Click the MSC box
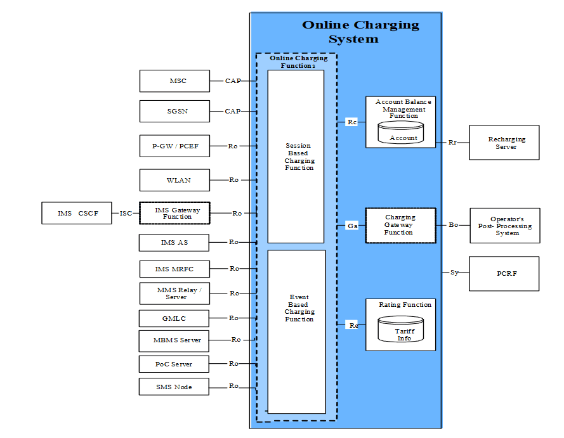174,81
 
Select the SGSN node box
174,112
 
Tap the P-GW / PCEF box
174,146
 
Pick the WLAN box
174,180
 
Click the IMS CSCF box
76,214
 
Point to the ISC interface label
126,214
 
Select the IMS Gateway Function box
174,213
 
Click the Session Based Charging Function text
299,157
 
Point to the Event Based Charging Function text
299,308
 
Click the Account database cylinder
400,133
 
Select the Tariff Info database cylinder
400,330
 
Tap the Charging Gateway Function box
400,225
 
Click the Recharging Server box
504,143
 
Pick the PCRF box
504,274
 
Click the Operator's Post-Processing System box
505,226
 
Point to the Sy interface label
454,273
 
